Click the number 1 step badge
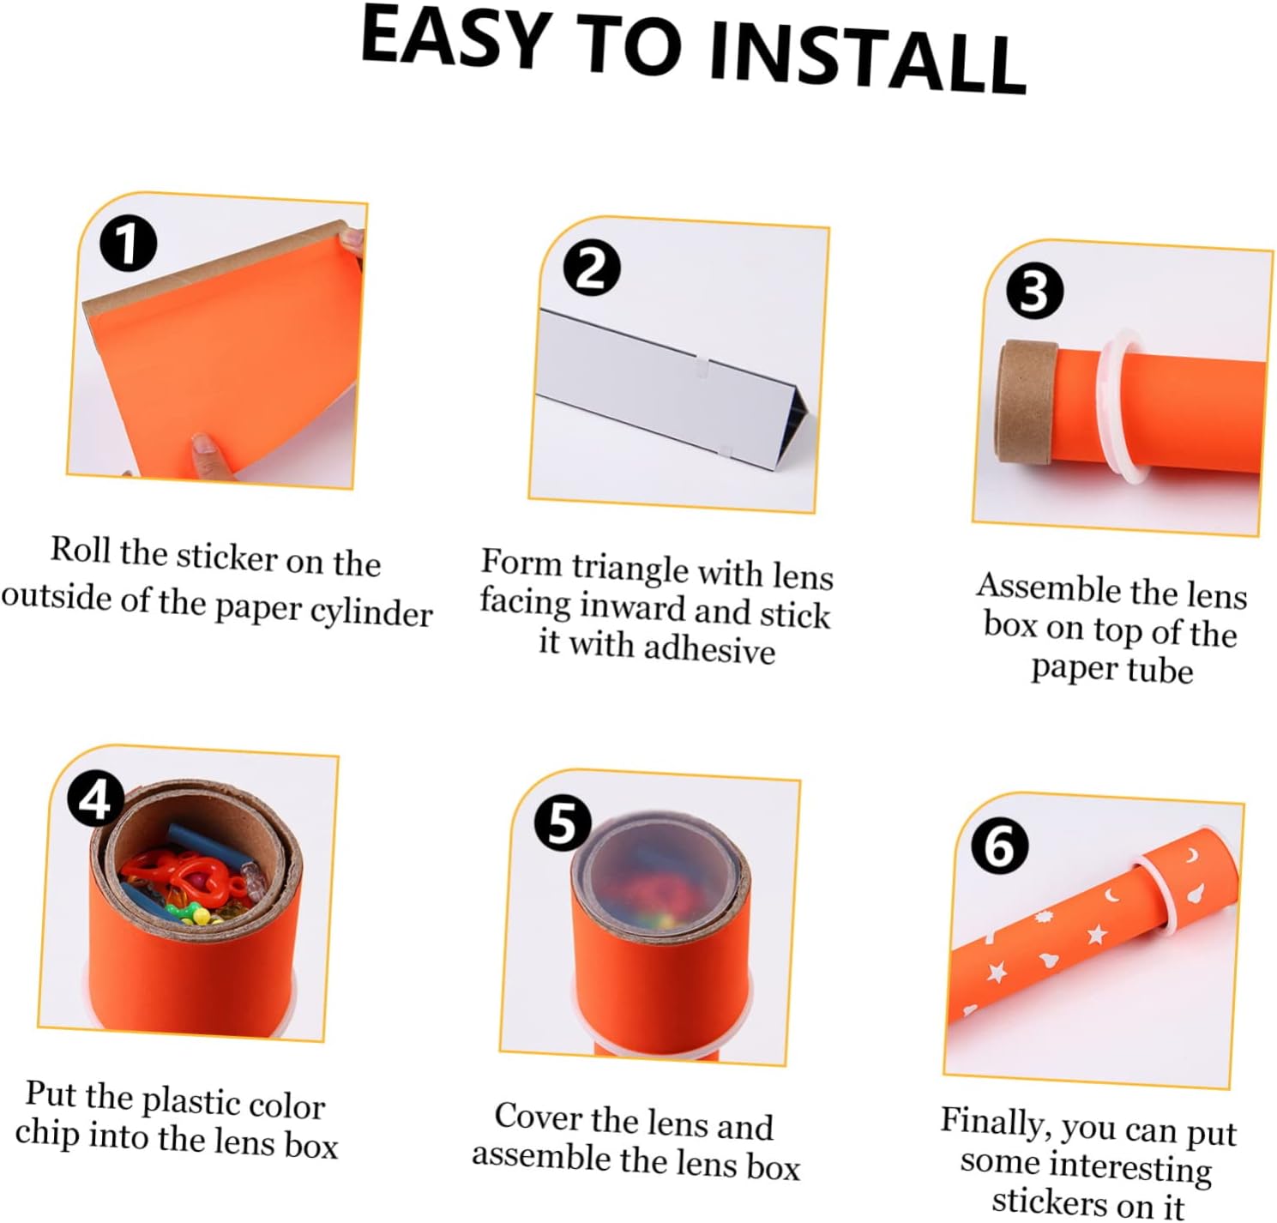click(129, 244)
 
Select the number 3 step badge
click(1035, 292)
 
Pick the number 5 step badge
click(563, 822)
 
